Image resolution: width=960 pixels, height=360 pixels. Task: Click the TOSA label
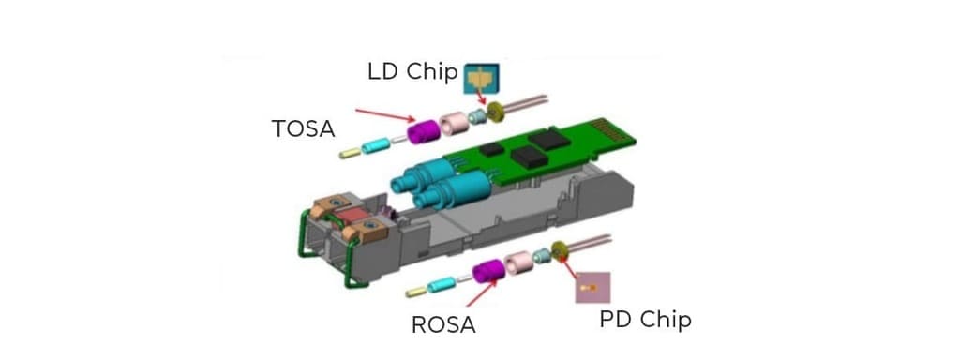pos(303,128)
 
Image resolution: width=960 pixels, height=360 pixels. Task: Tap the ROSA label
pos(443,324)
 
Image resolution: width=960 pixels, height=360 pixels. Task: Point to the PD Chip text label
pos(645,319)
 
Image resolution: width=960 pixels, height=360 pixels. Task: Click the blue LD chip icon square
pos(482,78)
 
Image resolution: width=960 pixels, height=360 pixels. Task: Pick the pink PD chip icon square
pos(592,286)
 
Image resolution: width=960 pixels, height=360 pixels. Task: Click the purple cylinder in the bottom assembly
pos(489,272)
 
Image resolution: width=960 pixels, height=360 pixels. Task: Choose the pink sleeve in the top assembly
pos(456,125)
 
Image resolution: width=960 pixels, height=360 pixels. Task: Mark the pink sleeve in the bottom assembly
pos(518,262)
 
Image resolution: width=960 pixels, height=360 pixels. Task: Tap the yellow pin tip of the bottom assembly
pos(412,292)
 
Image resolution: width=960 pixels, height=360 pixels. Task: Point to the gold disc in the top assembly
pos(496,113)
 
